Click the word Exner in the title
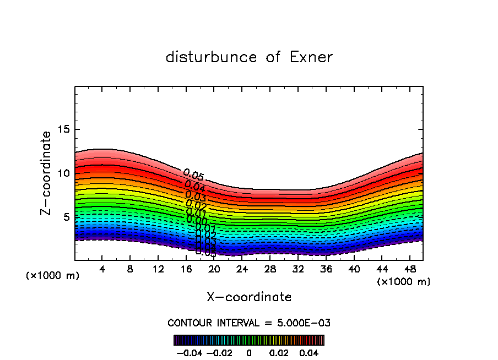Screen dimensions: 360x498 point(311,57)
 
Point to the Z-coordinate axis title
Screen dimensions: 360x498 point(46,173)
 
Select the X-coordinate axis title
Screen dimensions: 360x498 point(249,297)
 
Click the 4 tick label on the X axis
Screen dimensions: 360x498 point(102,269)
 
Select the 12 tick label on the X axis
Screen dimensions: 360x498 point(158,269)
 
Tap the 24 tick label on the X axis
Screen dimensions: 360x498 point(242,269)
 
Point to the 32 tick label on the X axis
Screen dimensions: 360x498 point(297,269)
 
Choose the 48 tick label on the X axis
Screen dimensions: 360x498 point(409,269)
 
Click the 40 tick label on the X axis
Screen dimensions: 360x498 point(353,269)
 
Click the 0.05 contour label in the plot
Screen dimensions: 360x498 point(194,176)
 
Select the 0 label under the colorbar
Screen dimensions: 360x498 point(249,351)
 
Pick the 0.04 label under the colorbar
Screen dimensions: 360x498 point(309,351)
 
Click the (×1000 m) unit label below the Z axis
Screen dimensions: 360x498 point(53,276)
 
